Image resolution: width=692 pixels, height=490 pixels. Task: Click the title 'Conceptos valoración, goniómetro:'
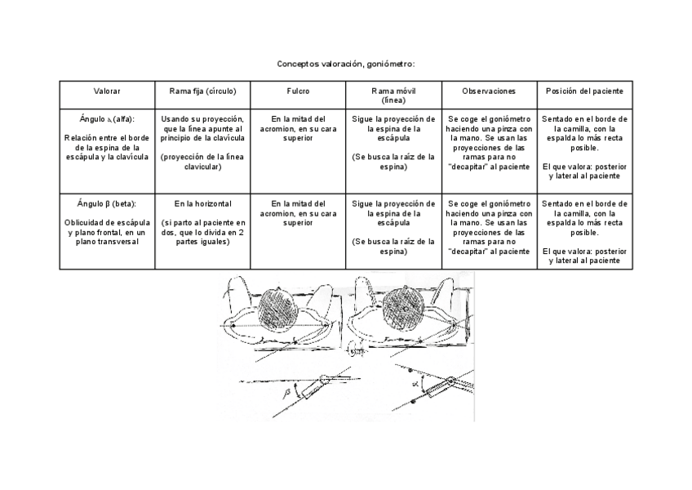[x=346, y=64]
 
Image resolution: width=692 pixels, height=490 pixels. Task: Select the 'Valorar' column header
[x=107, y=91]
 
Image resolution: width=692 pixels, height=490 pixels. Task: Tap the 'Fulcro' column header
[x=298, y=91]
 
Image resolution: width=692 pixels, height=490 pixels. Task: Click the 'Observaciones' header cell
[x=489, y=91]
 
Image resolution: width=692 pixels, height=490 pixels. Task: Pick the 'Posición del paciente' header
[x=584, y=91]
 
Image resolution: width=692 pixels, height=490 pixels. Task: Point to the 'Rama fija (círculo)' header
[x=202, y=91]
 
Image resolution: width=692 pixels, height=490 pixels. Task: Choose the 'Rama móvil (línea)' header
[x=393, y=95]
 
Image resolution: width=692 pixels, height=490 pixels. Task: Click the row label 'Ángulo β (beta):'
[x=107, y=203]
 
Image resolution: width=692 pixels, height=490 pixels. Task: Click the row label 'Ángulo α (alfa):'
[x=107, y=118]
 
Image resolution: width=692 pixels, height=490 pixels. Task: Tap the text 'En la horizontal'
[x=202, y=203]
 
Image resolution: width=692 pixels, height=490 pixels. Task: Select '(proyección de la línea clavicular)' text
[x=202, y=162]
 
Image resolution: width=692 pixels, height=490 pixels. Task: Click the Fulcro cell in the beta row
[x=298, y=212]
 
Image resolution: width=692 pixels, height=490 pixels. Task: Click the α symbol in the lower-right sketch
[x=415, y=381]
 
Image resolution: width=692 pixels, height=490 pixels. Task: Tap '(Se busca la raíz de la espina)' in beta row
[x=393, y=246]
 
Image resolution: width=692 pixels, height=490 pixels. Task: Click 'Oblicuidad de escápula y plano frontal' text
[x=107, y=232]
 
